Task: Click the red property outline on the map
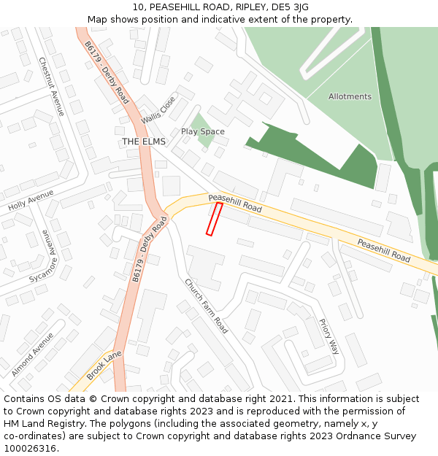[x=214, y=219]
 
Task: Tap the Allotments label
[x=350, y=96]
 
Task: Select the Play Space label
[x=203, y=131]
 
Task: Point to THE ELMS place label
[x=144, y=142]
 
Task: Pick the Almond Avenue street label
[x=32, y=355]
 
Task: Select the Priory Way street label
[x=329, y=336]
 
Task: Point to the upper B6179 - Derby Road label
[x=107, y=72]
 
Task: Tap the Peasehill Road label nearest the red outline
[x=235, y=203]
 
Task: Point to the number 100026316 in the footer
[x=29, y=448]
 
